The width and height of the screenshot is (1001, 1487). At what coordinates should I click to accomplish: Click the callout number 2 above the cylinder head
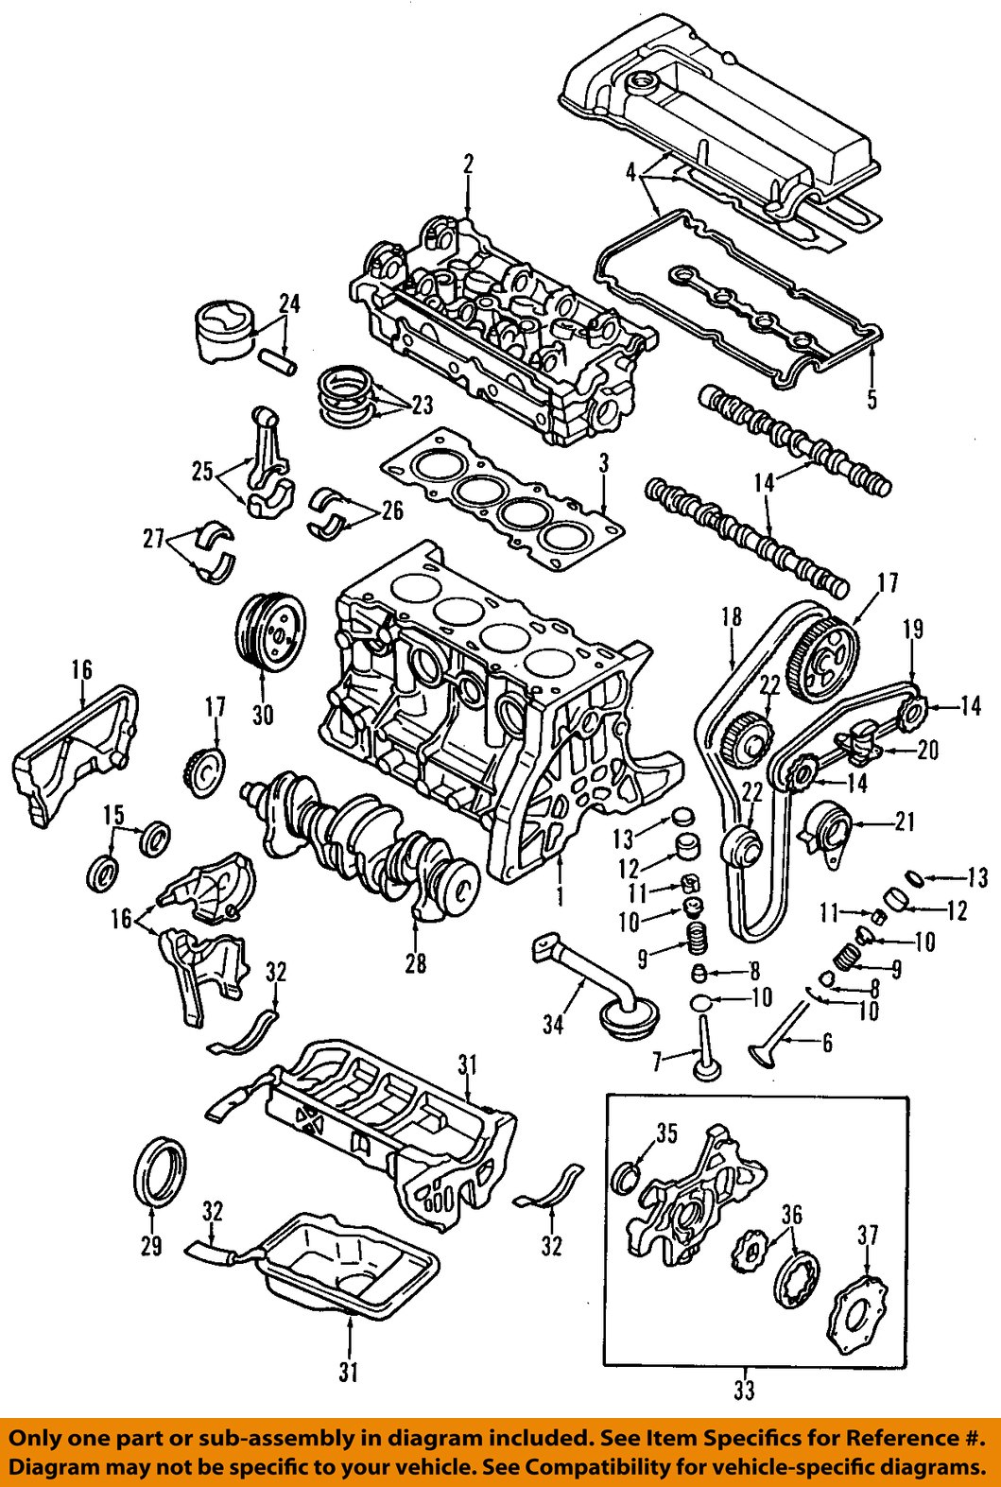[x=468, y=164]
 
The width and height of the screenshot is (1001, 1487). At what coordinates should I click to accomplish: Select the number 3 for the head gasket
[x=602, y=465]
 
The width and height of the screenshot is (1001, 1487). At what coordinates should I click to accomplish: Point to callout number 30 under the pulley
[x=263, y=717]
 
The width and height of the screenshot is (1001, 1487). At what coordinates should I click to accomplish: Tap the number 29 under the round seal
[x=151, y=1247]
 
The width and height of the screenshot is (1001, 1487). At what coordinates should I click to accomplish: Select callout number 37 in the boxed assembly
[x=868, y=1236]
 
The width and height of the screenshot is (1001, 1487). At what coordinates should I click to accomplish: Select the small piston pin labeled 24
[x=282, y=362]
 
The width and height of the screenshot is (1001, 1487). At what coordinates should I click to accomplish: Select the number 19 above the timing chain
[x=913, y=630]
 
